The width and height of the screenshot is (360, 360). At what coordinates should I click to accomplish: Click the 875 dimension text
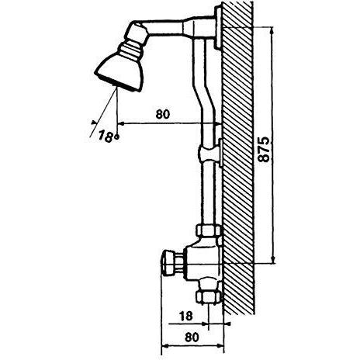pyautogui.click(x=264, y=149)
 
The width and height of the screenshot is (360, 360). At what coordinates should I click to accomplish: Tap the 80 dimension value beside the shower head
pyautogui.click(x=163, y=114)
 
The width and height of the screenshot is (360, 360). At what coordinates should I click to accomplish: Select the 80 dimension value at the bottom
pyautogui.click(x=192, y=337)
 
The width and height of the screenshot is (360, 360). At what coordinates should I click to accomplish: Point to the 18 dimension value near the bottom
pyautogui.click(x=185, y=316)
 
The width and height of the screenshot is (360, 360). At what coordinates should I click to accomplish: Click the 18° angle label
pyautogui.click(x=109, y=136)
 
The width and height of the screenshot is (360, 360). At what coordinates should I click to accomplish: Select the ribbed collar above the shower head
pyautogui.click(x=131, y=49)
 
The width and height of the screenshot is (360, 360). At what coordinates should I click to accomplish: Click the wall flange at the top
pyautogui.click(x=218, y=27)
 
